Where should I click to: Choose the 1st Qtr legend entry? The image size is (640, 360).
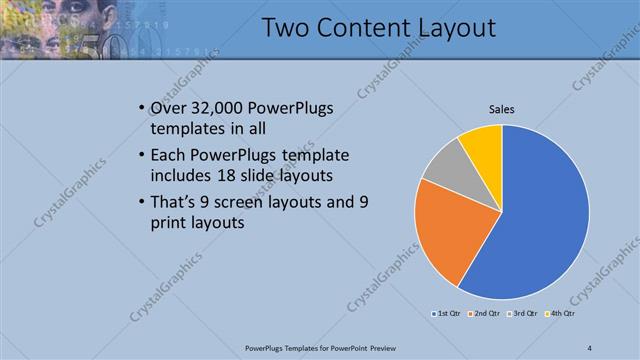click(x=447, y=313)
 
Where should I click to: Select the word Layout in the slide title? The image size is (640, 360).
click(x=451, y=28)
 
